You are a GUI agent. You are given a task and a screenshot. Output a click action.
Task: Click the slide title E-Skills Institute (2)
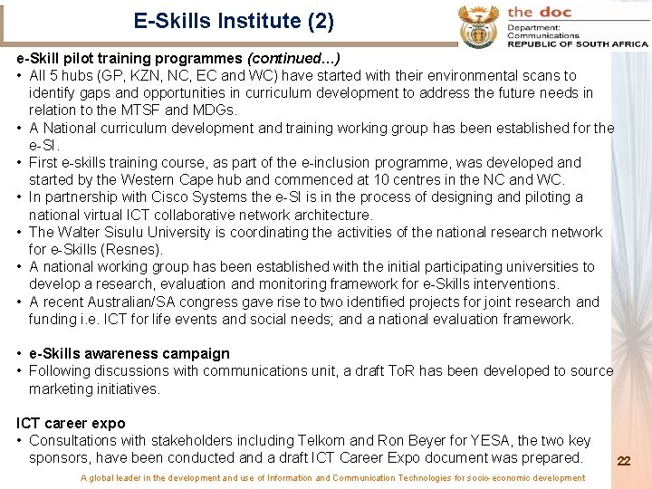234,20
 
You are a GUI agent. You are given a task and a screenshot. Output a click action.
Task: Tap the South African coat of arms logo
478,25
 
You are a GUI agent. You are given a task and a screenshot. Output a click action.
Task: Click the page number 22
623,461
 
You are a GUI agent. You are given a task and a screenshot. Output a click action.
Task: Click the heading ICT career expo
71,424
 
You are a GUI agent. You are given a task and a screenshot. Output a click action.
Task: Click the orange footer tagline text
332,478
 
